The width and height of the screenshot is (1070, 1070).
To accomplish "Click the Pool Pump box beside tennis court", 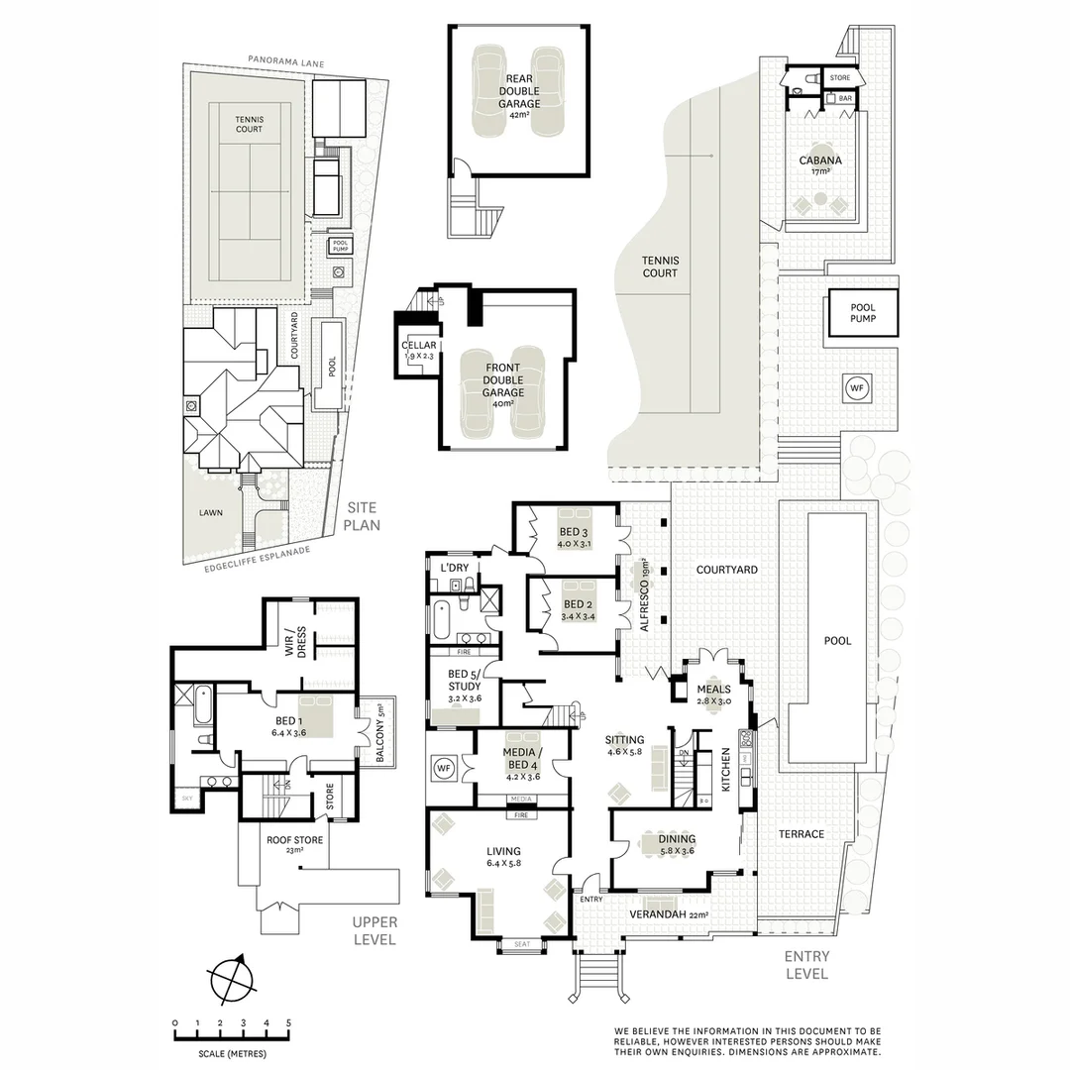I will point(862,313).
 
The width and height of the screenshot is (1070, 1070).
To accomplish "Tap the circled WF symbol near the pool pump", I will point(856,388).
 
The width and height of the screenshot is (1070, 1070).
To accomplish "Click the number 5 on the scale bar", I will point(288,1022).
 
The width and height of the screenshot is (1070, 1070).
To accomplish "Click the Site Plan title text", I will point(362,515).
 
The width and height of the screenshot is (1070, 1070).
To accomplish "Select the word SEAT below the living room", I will point(521,944).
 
